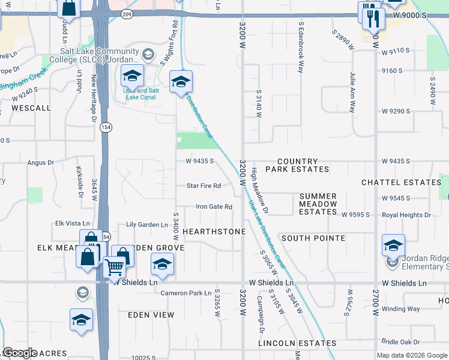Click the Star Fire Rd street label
click(203, 186)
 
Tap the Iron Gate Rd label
click(214, 207)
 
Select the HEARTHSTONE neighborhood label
click(214, 232)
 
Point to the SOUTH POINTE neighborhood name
click(313, 238)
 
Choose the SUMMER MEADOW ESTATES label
click(318, 203)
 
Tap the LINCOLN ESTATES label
click(297, 343)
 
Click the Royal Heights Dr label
click(407, 215)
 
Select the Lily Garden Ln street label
click(147, 225)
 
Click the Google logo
click(20, 353)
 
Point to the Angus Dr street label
click(41, 162)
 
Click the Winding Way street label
click(401, 310)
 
